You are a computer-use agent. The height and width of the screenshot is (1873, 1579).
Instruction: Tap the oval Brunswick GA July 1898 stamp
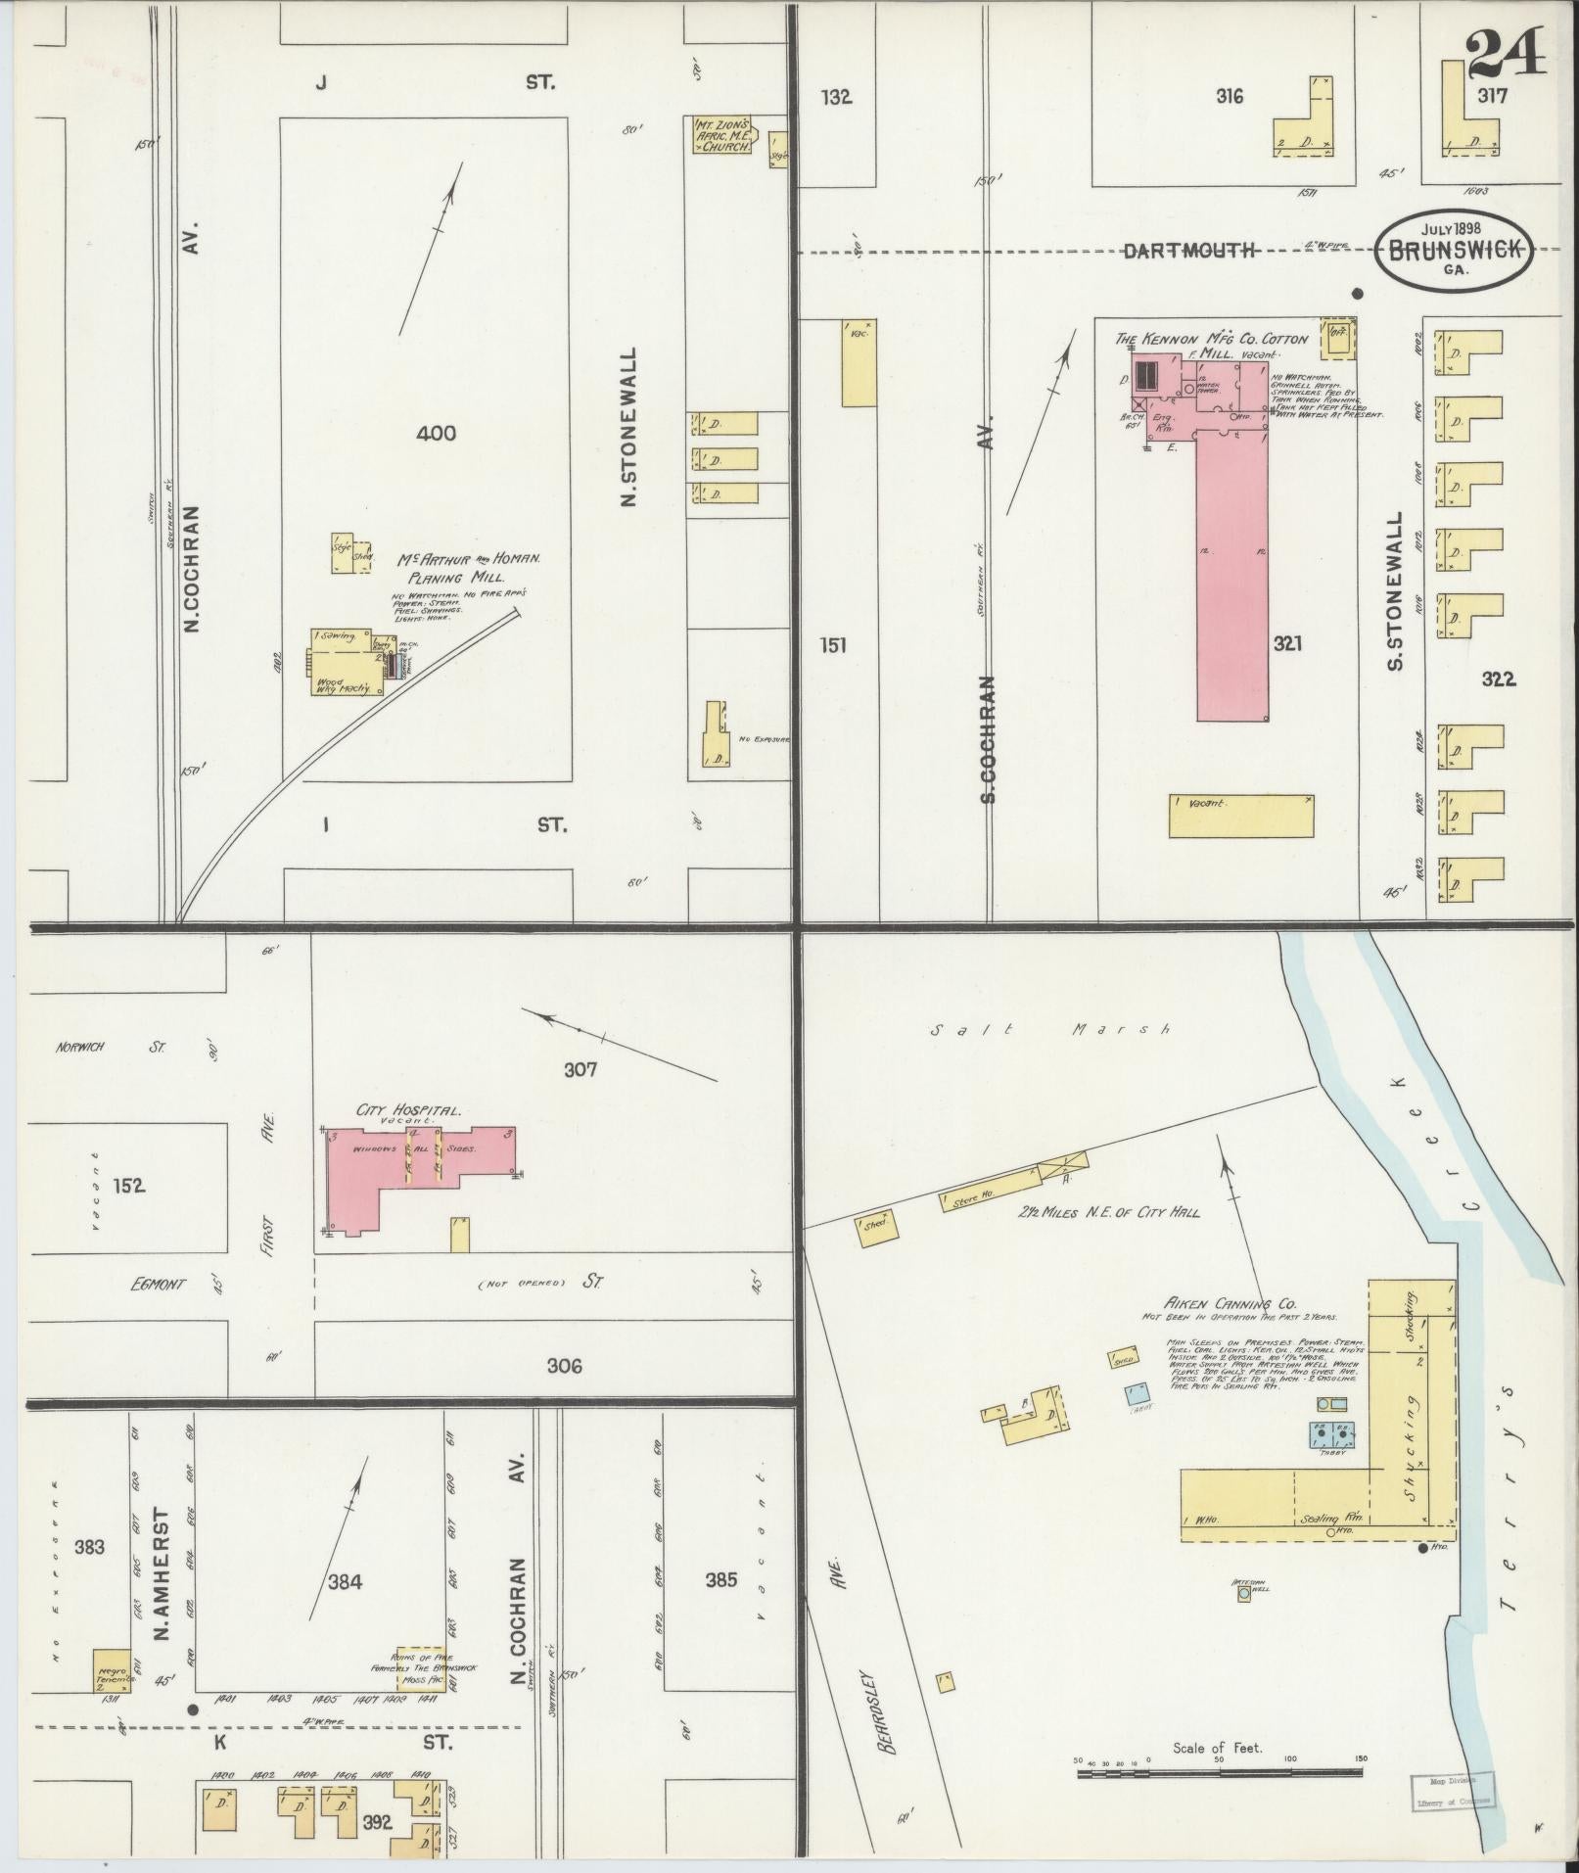click(x=1454, y=250)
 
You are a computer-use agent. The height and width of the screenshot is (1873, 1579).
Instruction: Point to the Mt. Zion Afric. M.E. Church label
click(x=723, y=135)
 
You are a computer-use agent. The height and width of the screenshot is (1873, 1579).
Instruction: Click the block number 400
click(x=436, y=432)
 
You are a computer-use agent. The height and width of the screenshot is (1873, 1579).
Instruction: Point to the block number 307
click(x=580, y=1069)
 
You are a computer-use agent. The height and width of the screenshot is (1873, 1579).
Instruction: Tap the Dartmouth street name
click(x=1188, y=251)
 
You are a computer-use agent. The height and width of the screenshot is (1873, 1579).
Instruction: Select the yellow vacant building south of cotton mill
click(x=1240, y=816)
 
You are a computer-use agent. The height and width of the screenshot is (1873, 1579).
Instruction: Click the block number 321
click(x=1287, y=643)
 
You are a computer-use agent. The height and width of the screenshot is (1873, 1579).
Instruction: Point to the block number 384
click(x=346, y=1581)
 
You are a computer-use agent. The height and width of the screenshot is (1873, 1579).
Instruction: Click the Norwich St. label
click(x=107, y=1047)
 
